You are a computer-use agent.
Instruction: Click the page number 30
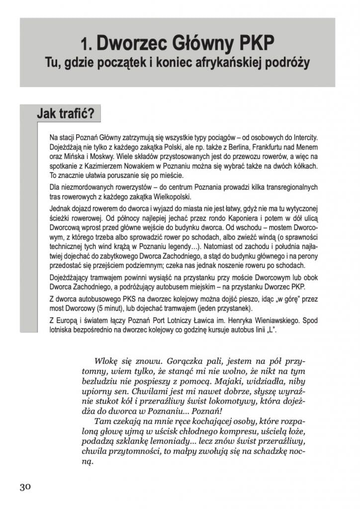[x=25, y=487]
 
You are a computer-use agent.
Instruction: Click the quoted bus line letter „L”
[x=269, y=330]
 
